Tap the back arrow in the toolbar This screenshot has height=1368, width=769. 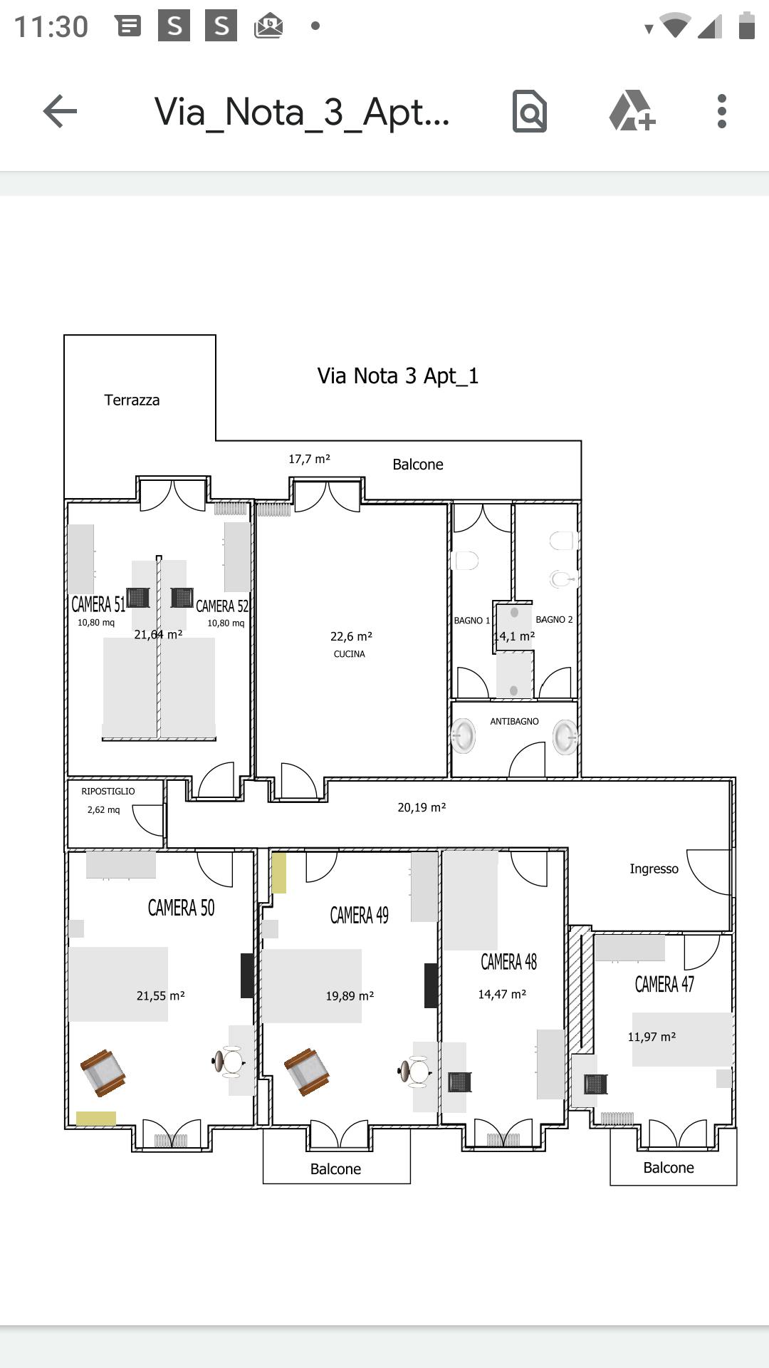tap(60, 111)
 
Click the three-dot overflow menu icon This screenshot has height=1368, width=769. tap(722, 111)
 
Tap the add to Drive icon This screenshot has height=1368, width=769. tap(632, 111)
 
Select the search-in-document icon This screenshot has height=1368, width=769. tap(530, 111)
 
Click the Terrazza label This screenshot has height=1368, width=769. tap(132, 400)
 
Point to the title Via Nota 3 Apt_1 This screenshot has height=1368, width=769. tap(398, 375)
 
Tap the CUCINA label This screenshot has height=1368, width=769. tap(350, 654)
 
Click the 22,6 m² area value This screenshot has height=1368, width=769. tap(351, 636)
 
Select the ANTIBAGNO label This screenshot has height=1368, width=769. tap(514, 722)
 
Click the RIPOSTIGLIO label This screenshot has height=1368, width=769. tap(108, 792)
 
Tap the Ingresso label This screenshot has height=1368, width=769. tap(654, 869)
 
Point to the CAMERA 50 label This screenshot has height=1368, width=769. tap(181, 908)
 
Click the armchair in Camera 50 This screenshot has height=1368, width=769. tap(103, 1073)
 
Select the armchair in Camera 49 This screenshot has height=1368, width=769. tap(307, 1072)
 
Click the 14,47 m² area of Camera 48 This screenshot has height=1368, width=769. tap(502, 994)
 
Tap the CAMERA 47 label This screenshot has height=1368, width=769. tap(664, 985)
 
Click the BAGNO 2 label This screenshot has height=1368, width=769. tap(554, 620)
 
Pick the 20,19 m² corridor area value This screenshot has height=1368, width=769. tap(422, 807)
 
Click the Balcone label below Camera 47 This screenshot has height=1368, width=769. tap(669, 1168)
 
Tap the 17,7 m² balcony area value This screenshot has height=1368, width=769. tap(309, 460)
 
